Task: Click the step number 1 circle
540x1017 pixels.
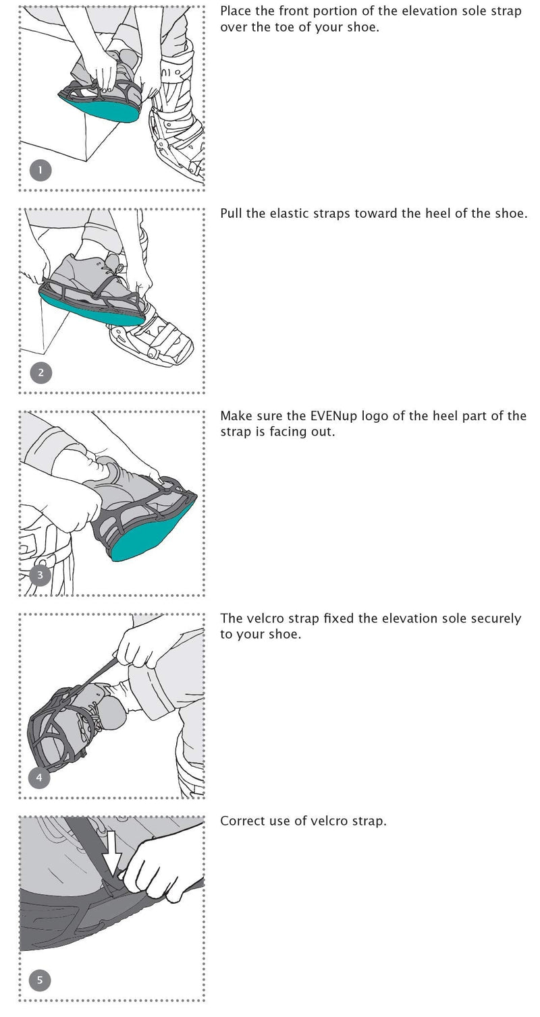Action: point(40,170)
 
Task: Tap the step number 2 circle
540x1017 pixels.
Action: point(40,372)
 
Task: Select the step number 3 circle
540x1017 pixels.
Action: point(40,575)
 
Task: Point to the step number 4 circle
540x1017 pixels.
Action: point(39,778)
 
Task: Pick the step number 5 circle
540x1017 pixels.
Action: point(40,980)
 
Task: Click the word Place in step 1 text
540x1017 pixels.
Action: point(237,11)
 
